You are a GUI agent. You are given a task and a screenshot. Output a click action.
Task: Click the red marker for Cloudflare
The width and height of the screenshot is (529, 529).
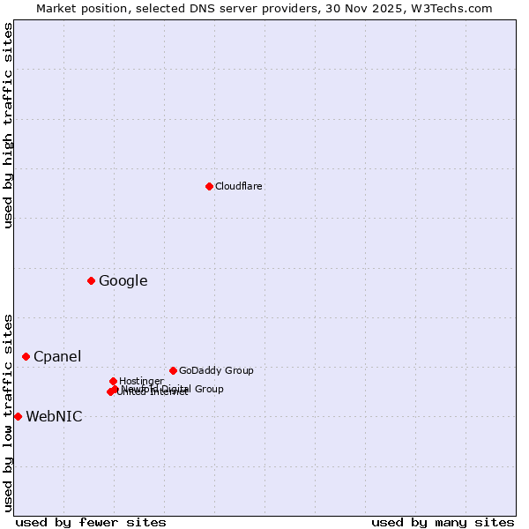[209, 186]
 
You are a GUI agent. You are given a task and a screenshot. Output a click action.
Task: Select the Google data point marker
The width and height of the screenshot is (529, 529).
[91, 280]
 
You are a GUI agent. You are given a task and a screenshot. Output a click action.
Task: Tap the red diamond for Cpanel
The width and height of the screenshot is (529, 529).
[26, 356]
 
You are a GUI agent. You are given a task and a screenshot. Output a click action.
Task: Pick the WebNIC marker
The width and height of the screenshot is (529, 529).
[18, 416]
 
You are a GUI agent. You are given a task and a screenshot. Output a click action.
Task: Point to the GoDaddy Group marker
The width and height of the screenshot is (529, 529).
[173, 370]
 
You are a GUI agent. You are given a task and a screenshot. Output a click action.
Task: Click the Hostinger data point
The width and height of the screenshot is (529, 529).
[113, 381]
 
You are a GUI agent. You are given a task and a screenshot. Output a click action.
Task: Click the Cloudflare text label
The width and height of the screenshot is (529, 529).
[238, 186]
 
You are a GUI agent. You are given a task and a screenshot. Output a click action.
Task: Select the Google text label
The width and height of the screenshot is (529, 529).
[123, 281]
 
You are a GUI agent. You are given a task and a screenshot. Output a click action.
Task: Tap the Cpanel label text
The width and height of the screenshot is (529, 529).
[57, 357]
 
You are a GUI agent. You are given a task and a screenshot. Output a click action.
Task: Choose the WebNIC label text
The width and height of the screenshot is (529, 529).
[54, 417]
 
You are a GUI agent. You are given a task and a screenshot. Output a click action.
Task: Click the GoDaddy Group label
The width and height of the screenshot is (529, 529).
[216, 370]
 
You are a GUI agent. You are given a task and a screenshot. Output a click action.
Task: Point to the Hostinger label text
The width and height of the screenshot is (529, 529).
[141, 381]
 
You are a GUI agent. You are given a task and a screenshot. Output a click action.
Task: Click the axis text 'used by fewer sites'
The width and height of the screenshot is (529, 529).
[91, 522]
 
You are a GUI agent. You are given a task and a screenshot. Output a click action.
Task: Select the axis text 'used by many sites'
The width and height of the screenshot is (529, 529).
[443, 522]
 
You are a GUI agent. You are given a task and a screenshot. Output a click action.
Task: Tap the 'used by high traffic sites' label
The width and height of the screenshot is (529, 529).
[8, 125]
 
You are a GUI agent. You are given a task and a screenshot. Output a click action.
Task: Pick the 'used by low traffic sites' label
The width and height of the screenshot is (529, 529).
[8, 413]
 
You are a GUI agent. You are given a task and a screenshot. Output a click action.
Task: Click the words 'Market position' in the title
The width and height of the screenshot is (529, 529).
[79, 8]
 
